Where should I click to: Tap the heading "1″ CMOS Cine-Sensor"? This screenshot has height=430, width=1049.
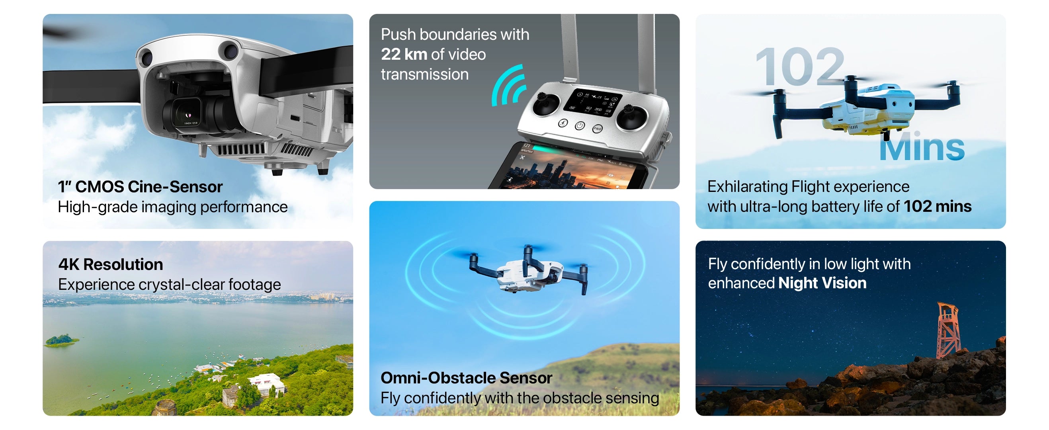(140, 187)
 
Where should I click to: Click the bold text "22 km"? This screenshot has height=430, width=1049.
(404, 54)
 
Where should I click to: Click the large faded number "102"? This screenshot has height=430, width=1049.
(800, 66)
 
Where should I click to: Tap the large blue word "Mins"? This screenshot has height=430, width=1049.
(922, 147)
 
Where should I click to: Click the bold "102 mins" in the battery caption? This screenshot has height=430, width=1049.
(938, 207)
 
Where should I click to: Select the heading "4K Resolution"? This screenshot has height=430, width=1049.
(111, 265)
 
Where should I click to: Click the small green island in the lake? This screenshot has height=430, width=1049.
(61, 340)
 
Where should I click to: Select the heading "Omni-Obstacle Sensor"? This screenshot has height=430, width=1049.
(466, 378)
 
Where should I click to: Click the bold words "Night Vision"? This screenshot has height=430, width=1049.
(822, 283)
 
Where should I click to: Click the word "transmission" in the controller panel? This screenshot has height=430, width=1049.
(425, 74)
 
